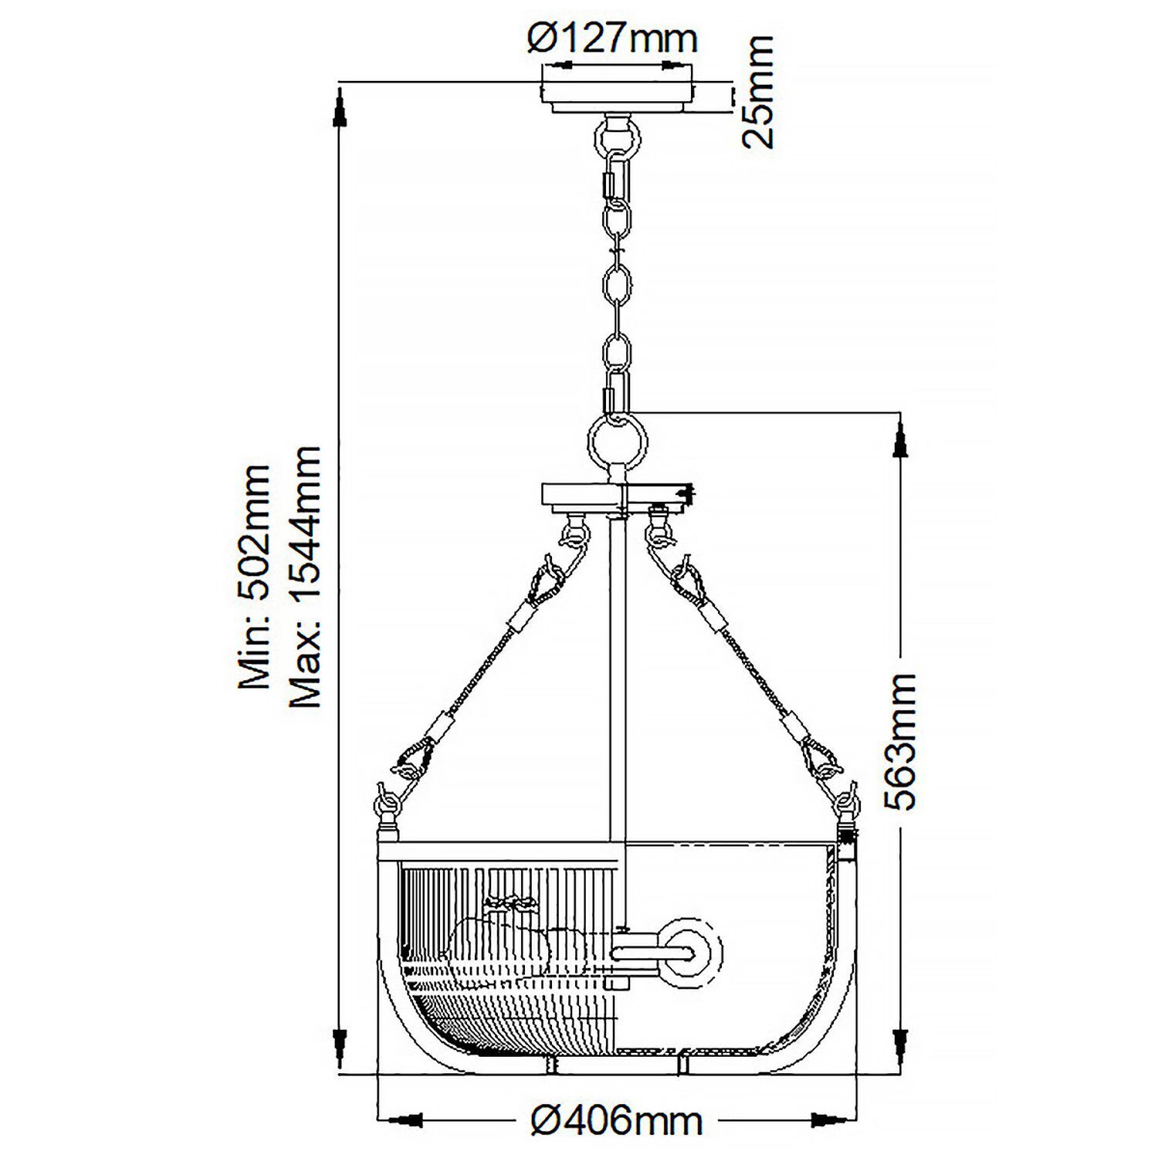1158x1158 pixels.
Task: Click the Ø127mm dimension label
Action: click(612, 39)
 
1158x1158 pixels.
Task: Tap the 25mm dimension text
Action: click(757, 93)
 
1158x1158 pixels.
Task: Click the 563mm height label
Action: click(900, 741)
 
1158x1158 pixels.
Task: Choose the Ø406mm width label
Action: click(618, 1119)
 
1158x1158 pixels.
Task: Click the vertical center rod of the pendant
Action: click(618, 679)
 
